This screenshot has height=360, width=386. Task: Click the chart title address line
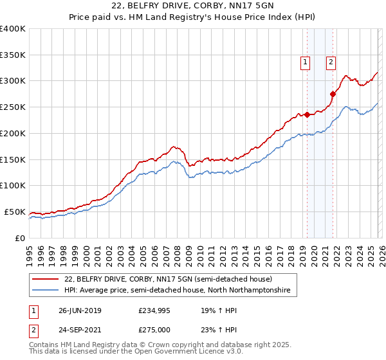pyautogui.click(x=193, y=6)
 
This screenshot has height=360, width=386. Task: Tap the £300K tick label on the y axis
pyautogui.click(x=13, y=81)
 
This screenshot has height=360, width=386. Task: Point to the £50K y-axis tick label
pyautogui.click(x=15, y=212)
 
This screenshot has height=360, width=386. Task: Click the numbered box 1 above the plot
pyautogui.click(x=304, y=62)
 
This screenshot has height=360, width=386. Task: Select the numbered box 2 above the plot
pyautogui.click(x=330, y=62)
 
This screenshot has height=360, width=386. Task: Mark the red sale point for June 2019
pyautogui.click(x=307, y=115)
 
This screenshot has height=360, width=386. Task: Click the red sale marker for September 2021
pyautogui.click(x=333, y=94)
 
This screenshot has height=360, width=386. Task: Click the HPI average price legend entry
pyautogui.click(x=178, y=291)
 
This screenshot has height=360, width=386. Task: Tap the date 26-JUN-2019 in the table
pyautogui.click(x=80, y=310)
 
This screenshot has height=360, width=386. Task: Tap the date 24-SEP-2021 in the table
pyautogui.click(x=80, y=330)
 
